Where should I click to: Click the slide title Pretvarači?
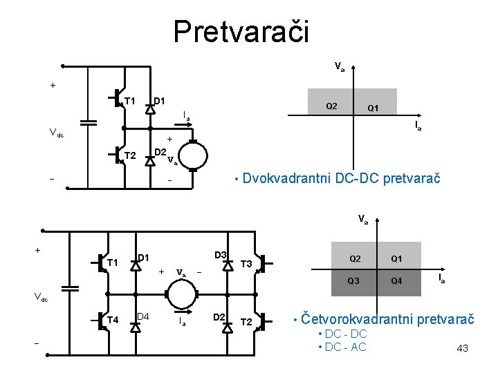tap(241, 30)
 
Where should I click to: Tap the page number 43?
tap(462, 348)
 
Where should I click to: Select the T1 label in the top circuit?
tap(129, 102)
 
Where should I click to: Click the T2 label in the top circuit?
tap(129, 155)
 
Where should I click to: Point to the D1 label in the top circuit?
tap(158, 101)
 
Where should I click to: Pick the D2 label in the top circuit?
tap(159, 151)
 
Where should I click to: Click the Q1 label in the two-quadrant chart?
tap(372, 108)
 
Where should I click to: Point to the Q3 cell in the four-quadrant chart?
tap(353, 280)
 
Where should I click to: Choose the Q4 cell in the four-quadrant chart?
tap(396, 280)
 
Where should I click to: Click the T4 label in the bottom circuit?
tap(113, 319)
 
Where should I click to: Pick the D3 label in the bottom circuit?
tap(221, 256)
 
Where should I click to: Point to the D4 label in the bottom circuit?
tap(143, 316)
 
